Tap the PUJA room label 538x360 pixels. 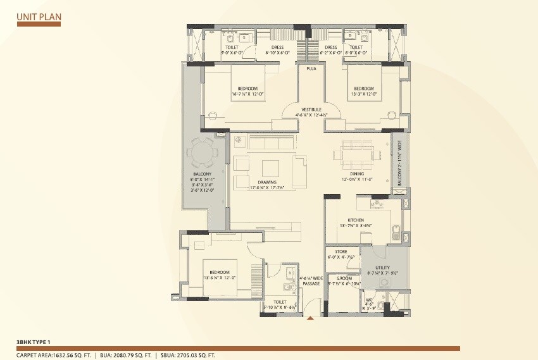click(x=311, y=68)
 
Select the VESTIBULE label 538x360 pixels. click(x=310, y=109)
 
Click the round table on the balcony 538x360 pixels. click(x=203, y=152)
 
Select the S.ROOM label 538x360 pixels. click(x=344, y=278)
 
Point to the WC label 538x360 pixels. click(x=370, y=298)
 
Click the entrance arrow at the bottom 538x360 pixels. click(x=310, y=320)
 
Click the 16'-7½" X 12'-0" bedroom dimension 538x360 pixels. click(x=248, y=94)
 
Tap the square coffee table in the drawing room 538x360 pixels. click(x=270, y=168)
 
